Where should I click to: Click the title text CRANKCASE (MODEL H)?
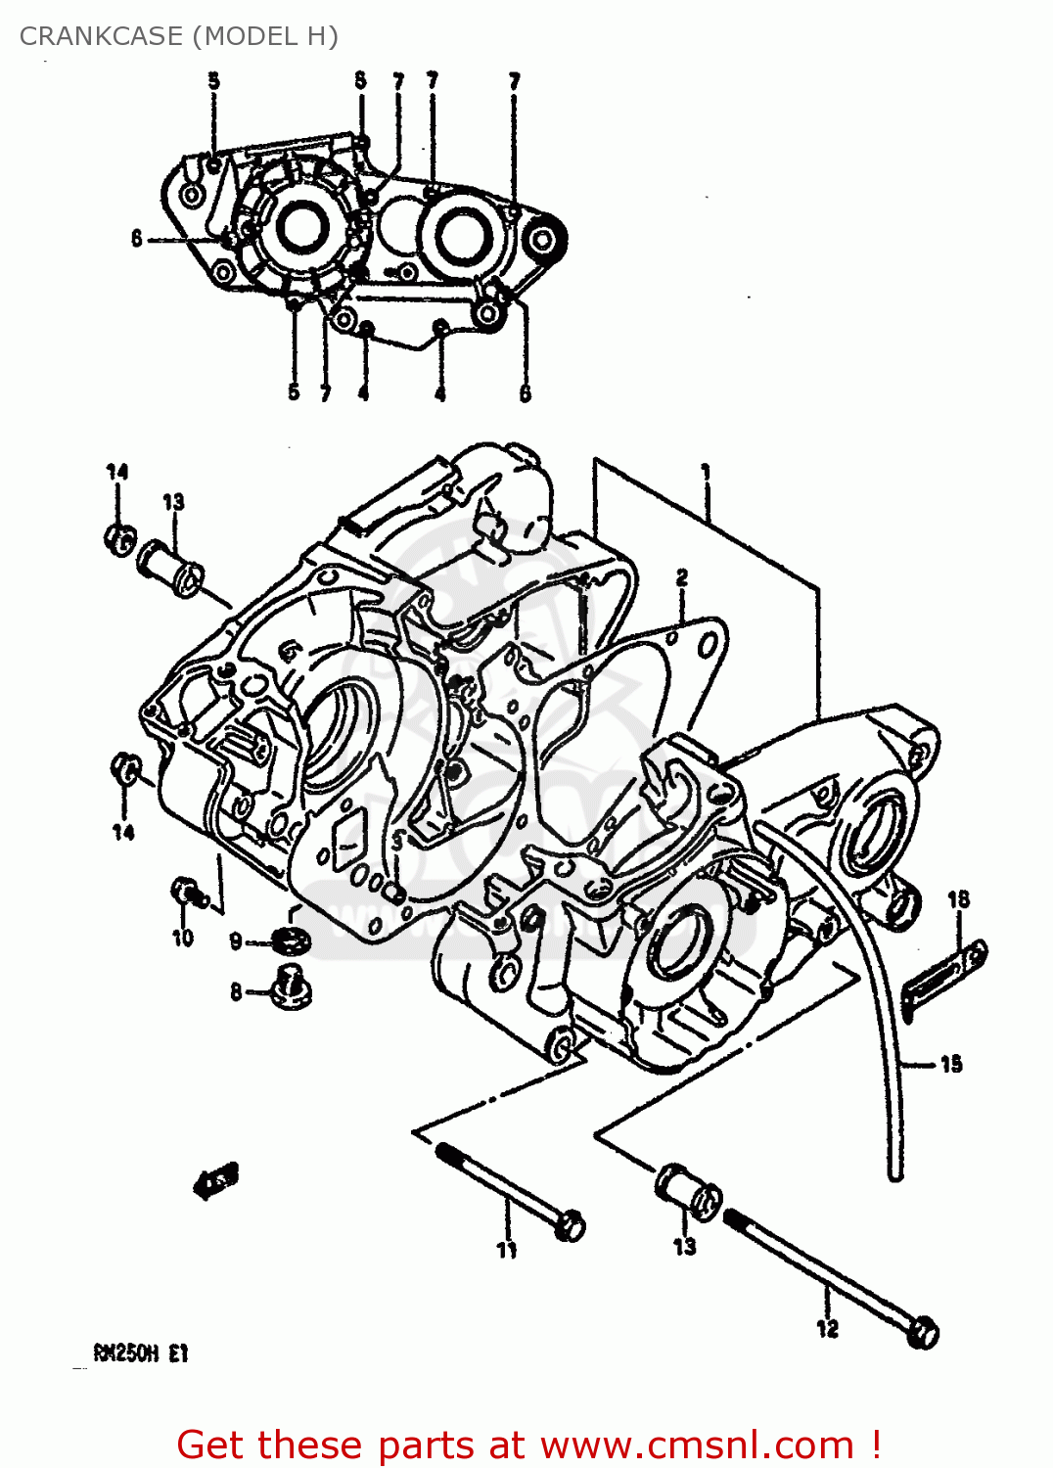point(179,36)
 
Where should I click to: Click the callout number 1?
point(706,473)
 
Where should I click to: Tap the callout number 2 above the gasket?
point(682,577)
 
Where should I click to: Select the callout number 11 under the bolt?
point(506,1250)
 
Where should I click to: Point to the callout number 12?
point(828,1328)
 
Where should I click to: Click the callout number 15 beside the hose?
point(950,1064)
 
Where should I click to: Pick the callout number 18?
point(958,898)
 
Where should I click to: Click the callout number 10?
point(183,938)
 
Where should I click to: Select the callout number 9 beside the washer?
point(236,941)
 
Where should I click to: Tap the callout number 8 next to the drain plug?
point(236,992)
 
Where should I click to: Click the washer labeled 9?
point(292,941)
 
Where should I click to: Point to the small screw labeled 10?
point(186,892)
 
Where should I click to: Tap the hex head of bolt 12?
point(923,1334)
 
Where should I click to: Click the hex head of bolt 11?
point(570,1225)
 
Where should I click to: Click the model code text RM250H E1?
point(140,1353)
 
